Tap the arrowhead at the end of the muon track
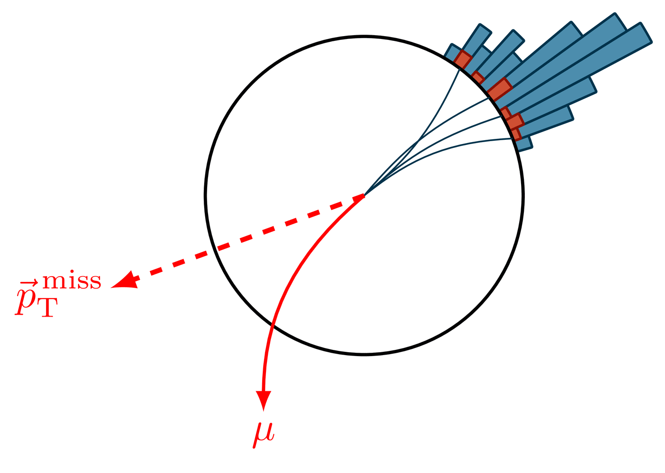click(x=263, y=399)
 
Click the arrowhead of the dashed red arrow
click(x=124, y=281)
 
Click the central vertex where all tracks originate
click(x=364, y=194)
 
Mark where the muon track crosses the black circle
click(x=272, y=325)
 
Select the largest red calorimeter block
click(x=500, y=89)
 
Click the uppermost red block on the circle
click(x=463, y=59)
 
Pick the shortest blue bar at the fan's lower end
click(x=525, y=144)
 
